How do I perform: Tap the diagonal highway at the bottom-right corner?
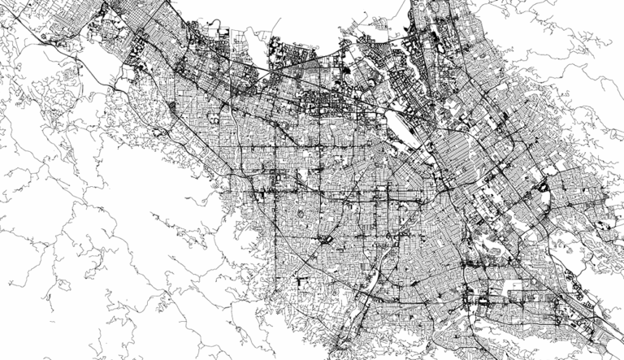pyautogui.click(x=605, y=329)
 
